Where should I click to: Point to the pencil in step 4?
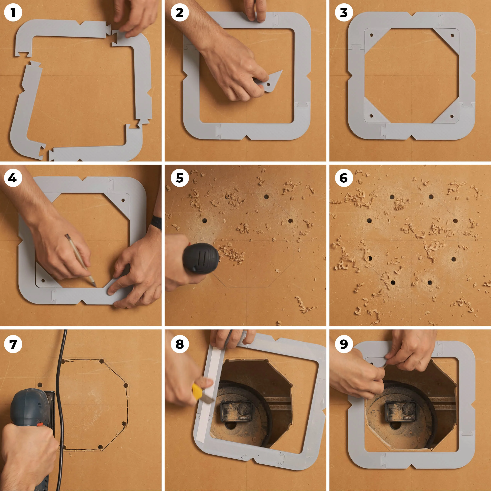tap(81, 260)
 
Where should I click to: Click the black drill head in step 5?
tap(201, 258)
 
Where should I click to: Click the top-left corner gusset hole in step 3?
tap(371, 35)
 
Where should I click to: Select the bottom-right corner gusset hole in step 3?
tap(452, 116)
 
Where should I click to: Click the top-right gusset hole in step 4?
tap(123, 200)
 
